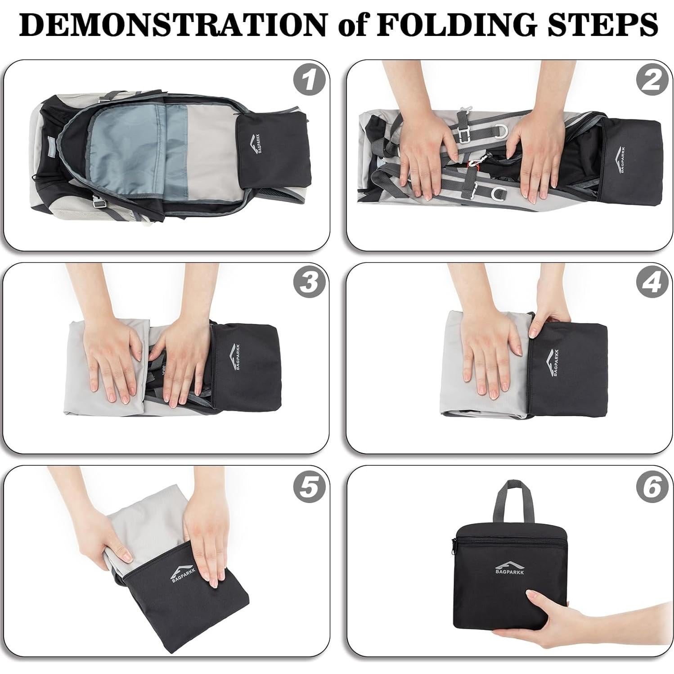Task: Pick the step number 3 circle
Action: pos(308,283)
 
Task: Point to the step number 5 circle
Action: pos(308,487)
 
